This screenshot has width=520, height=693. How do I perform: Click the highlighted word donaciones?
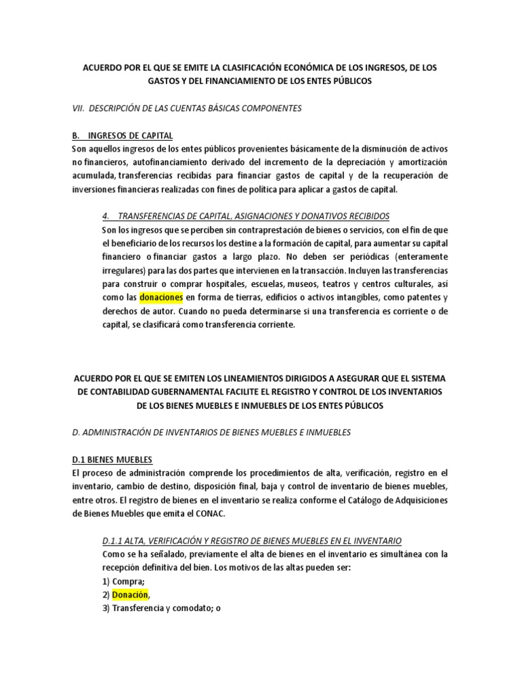pyautogui.click(x=161, y=297)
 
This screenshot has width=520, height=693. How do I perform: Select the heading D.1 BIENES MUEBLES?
pyautogui.click(x=112, y=459)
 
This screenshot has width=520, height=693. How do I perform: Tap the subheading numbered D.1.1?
pyautogui.click(x=251, y=540)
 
